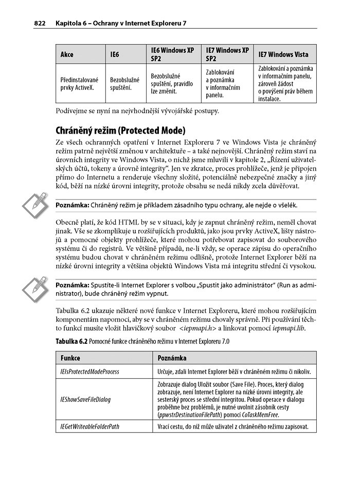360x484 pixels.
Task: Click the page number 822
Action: point(41,23)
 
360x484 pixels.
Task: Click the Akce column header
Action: point(67,54)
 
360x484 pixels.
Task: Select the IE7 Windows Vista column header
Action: point(283,54)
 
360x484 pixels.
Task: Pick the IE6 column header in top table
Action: point(115,54)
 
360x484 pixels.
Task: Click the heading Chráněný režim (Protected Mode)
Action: point(120,130)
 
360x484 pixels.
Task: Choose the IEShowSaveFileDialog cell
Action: point(82,399)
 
